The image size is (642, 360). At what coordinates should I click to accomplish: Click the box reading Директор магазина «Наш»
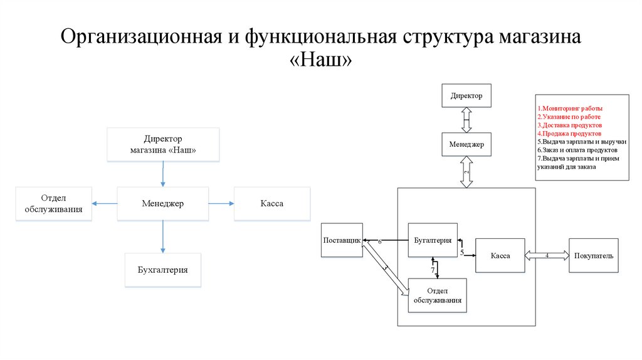[x=163, y=145]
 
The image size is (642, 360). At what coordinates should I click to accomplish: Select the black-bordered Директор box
[x=466, y=96]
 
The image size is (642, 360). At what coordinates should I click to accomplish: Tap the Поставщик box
[x=342, y=240]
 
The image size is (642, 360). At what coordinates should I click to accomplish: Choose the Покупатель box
[x=593, y=256]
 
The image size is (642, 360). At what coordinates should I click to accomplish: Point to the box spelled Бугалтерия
[x=433, y=240]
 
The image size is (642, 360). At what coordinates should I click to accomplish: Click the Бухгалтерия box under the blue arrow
[x=163, y=270]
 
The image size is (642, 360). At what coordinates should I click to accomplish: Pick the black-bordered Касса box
[x=500, y=256]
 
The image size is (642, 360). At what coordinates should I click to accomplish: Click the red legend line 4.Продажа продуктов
[x=569, y=134]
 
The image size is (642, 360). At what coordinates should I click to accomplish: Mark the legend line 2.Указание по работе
[x=569, y=117]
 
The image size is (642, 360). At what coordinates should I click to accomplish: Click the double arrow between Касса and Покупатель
[x=547, y=255]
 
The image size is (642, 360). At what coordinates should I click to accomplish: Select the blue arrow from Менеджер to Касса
[x=221, y=203]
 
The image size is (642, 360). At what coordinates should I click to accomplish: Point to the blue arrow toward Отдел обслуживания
[x=105, y=203]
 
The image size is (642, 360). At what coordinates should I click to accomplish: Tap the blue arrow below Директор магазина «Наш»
[x=163, y=174]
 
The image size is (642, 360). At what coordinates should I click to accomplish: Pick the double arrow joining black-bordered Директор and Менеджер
[x=466, y=120]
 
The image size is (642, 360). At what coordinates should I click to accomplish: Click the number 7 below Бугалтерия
[x=433, y=270]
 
